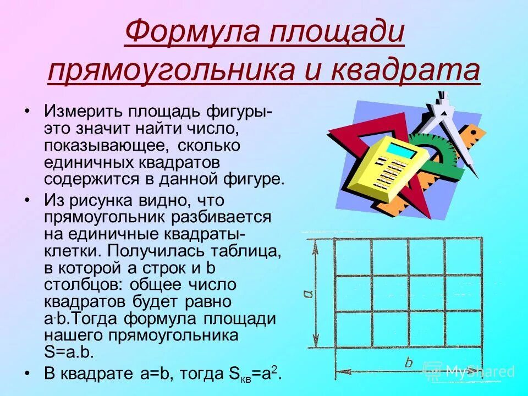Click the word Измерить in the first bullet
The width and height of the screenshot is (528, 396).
click(x=83, y=112)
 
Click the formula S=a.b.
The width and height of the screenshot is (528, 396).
click(x=69, y=352)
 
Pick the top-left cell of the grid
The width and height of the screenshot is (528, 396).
click(x=353, y=257)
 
